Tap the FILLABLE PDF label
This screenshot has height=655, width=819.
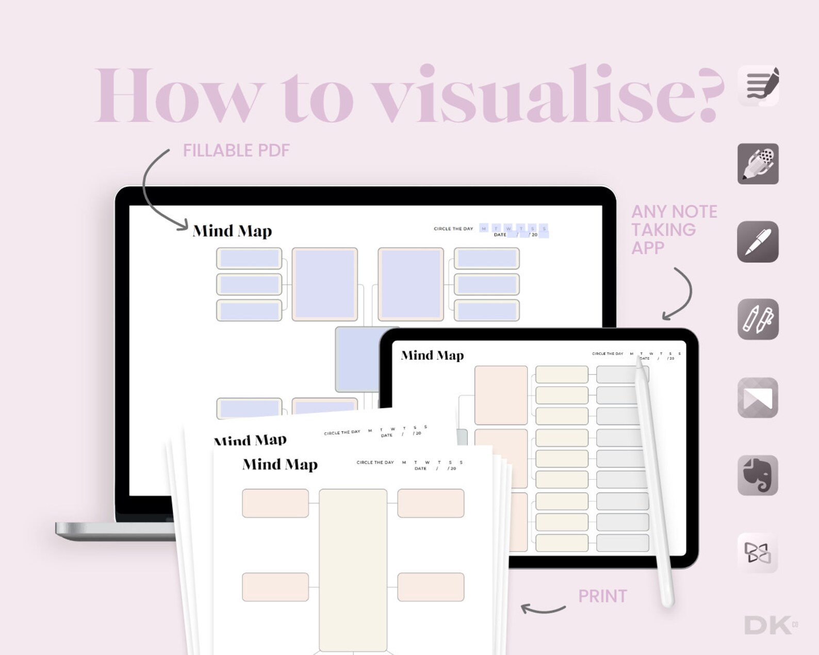point(236,151)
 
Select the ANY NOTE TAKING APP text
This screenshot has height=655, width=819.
point(674,230)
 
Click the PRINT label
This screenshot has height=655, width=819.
point(602,596)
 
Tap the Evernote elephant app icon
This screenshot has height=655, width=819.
point(758,475)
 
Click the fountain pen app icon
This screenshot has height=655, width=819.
point(758,241)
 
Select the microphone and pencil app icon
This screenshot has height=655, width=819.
point(758,163)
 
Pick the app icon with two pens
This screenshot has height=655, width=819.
point(758,319)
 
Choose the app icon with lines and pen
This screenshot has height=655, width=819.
point(758,86)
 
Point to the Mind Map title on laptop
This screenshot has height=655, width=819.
point(232,231)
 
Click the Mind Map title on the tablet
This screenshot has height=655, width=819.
point(432,355)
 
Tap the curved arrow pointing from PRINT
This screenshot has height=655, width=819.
point(543,609)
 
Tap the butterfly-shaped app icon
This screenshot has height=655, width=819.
point(758,553)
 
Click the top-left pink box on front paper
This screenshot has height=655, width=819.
point(275,503)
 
